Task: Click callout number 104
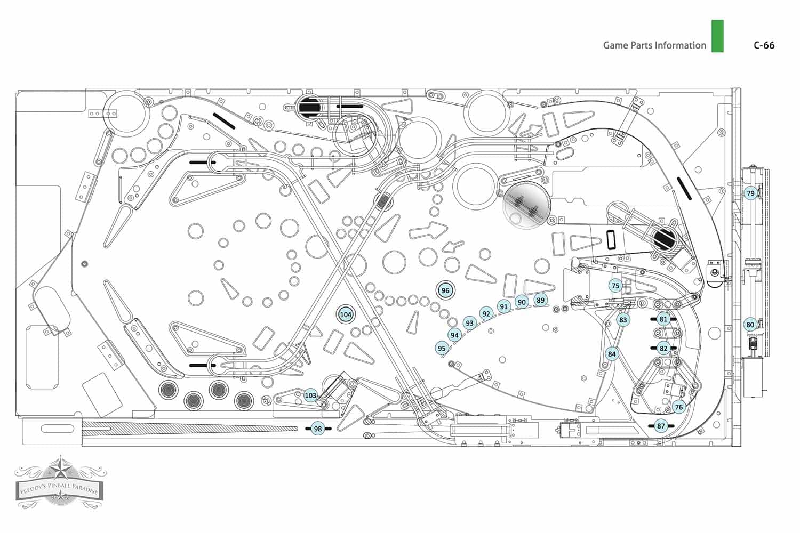coord(346,314)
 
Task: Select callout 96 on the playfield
coord(445,290)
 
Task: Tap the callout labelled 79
coord(750,193)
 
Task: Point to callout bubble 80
coord(750,325)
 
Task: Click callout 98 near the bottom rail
coord(318,429)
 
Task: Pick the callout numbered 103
coord(311,395)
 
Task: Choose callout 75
coord(615,286)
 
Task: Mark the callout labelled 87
coord(661,425)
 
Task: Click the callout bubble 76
coord(679,407)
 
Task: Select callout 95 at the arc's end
coord(442,349)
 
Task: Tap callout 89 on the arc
coord(541,300)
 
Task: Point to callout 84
coord(612,354)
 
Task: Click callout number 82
coord(663,348)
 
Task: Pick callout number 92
coord(486,314)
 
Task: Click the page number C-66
coord(764,45)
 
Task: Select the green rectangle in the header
coord(717,36)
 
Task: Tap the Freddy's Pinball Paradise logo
coord(60,482)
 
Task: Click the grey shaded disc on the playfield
coord(527,205)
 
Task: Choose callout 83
coord(623,320)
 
